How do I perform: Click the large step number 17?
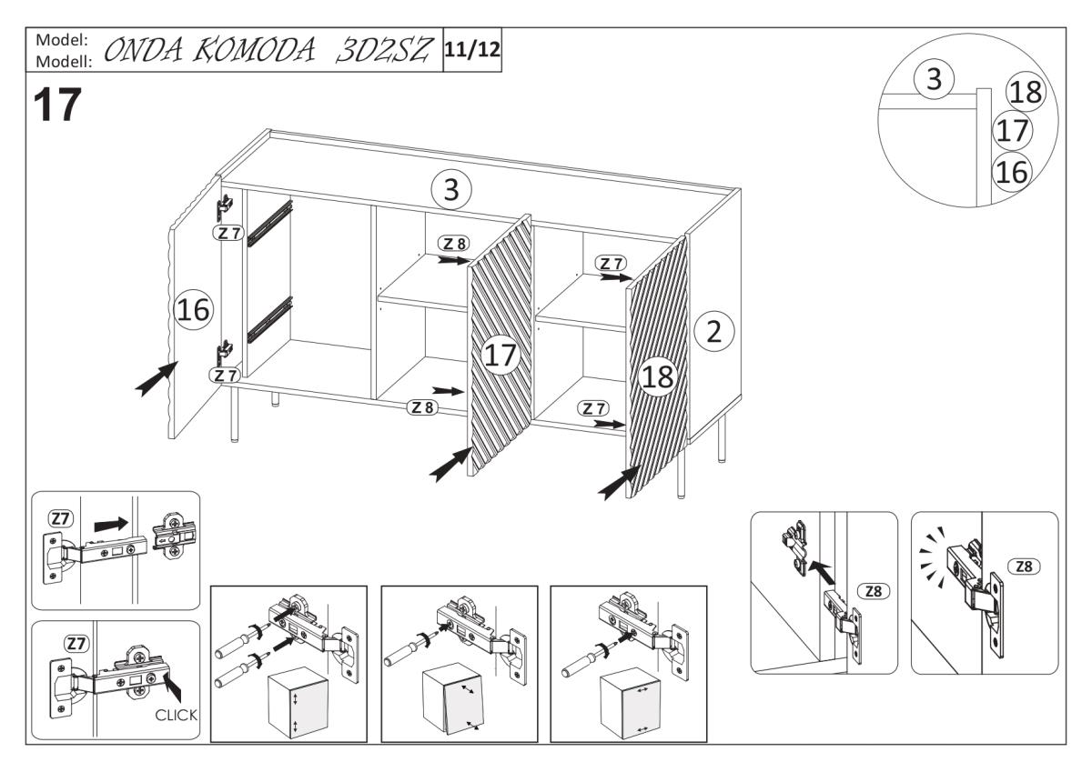(x=57, y=107)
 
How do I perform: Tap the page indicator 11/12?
(x=471, y=48)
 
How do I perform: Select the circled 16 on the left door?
(x=192, y=311)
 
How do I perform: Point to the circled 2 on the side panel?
(x=714, y=332)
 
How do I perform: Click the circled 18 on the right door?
(x=657, y=377)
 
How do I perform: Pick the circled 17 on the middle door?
(x=500, y=356)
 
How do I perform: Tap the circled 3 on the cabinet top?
(x=451, y=190)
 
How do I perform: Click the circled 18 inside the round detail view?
(x=1026, y=93)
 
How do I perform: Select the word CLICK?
(x=176, y=715)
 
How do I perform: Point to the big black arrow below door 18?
(x=619, y=482)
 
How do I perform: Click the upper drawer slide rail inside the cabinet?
(x=270, y=223)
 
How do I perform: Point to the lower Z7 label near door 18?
(x=596, y=409)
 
